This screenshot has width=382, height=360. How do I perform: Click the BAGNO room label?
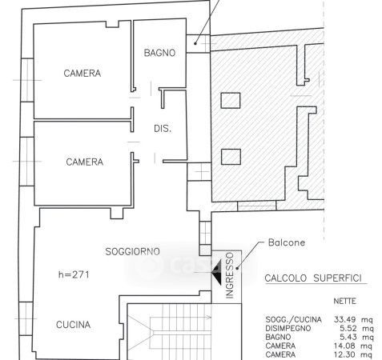[159, 53]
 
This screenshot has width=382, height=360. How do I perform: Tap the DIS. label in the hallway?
[163, 129]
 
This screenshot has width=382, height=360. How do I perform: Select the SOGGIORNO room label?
[133, 251]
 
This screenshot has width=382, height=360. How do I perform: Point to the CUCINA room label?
[73, 325]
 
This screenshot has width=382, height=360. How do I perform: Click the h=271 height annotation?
[74, 274]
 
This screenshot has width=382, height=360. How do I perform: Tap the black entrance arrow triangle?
[216, 273]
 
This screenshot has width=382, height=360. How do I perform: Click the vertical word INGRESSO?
[230, 275]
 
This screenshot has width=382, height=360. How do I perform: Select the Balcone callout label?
[287, 242]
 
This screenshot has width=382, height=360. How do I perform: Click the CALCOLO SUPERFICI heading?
[313, 278]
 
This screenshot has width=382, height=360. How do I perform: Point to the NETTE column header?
[344, 301]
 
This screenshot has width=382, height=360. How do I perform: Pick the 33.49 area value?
[344, 319]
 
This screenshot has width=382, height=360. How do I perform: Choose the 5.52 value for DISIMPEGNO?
[348, 328]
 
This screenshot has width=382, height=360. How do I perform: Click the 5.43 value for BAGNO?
[348, 337]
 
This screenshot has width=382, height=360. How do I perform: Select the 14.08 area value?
[344, 346]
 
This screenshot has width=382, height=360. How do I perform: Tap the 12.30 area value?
[344, 354]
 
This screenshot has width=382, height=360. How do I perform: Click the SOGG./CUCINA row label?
[293, 319]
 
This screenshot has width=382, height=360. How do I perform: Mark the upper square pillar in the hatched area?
[231, 100]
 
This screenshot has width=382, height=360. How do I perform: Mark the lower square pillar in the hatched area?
[231, 157]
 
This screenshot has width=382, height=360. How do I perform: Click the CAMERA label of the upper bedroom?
[82, 73]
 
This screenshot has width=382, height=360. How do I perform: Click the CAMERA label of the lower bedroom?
[85, 162]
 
